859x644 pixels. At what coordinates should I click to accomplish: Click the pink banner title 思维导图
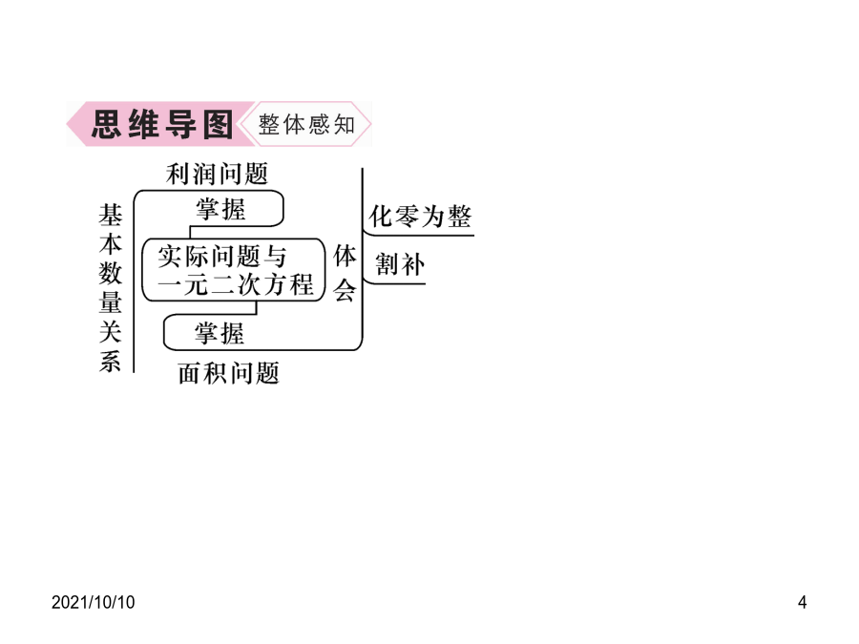coord(162,124)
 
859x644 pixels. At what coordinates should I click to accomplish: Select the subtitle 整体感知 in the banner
coord(306,125)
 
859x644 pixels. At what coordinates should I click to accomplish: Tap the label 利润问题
coord(217,175)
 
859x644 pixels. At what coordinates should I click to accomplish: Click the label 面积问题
coord(229,373)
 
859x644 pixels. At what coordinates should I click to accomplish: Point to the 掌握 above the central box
coord(220,210)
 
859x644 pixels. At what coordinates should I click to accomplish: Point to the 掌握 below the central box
coord(220,334)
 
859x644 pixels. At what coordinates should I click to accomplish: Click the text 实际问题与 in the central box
coord(221,257)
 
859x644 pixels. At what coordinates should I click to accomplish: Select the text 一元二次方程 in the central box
coord(235,284)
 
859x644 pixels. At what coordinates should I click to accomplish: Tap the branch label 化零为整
coord(420,217)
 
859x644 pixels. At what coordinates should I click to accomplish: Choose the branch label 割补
coord(400,264)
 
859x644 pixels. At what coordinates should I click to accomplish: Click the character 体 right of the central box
coord(346,257)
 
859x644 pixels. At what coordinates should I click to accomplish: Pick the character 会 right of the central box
coord(346,290)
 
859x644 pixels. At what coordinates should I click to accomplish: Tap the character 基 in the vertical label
coord(110,215)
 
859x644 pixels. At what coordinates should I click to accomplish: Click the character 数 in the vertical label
coord(110,273)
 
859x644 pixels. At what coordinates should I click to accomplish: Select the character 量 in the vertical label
coord(110,302)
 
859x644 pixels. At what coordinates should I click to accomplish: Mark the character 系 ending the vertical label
coord(110,362)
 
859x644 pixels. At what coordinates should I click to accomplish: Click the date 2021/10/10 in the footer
coord(94,602)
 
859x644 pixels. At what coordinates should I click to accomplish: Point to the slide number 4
coord(802,602)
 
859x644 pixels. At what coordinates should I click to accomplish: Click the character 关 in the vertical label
coord(110,332)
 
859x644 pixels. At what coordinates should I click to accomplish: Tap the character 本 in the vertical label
coord(110,243)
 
